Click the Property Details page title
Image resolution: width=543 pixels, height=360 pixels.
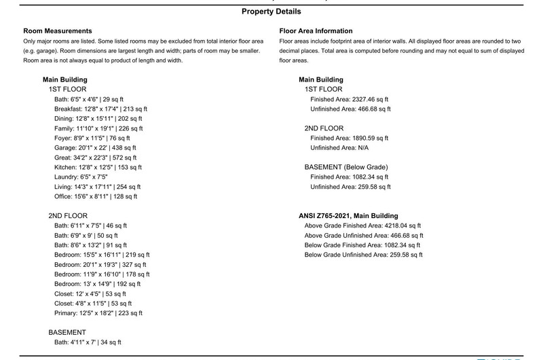[x=271, y=12]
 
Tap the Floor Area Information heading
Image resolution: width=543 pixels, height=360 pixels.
[x=316, y=31]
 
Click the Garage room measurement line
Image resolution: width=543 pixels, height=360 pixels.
[x=94, y=147]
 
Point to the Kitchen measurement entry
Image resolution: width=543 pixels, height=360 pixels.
[x=95, y=167]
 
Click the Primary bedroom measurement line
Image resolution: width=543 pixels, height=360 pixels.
[x=96, y=313]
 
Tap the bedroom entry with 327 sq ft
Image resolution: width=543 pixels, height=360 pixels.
[x=100, y=264]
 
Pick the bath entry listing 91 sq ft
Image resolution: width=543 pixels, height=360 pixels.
[x=92, y=245]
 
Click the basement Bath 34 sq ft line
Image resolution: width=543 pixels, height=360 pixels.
[x=88, y=342]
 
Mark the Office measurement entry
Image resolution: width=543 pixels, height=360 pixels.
[x=95, y=196]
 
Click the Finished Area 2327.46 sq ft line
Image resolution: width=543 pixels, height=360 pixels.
[x=349, y=99]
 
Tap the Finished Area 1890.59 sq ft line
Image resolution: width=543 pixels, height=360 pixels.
[x=349, y=138]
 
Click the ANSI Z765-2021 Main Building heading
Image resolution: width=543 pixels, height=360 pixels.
[x=348, y=216]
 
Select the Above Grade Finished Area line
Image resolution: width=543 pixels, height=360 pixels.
[x=363, y=226]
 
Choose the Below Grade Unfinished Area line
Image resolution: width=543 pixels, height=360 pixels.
[x=363, y=255]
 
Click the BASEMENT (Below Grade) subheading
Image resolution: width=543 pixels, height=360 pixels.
[x=346, y=167]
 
